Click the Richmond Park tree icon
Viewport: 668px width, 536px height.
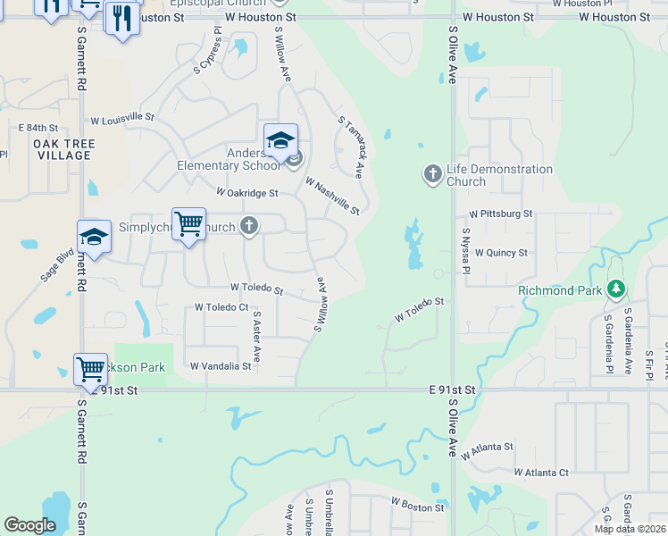click(x=614, y=289)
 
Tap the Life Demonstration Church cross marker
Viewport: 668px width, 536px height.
click(x=432, y=173)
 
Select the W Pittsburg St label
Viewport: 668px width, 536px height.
click(x=501, y=214)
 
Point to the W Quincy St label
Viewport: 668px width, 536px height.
click(x=501, y=253)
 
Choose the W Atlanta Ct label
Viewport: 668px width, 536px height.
click(x=541, y=472)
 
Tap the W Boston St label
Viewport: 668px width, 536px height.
click(x=416, y=507)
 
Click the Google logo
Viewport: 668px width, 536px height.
click(x=29, y=525)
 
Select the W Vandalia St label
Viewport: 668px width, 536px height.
click(x=220, y=366)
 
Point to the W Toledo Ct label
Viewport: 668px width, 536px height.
click(x=221, y=307)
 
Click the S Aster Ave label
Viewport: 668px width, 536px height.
click(x=256, y=336)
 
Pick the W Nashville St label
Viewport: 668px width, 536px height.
click(x=331, y=196)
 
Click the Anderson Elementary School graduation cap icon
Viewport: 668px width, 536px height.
click(x=280, y=141)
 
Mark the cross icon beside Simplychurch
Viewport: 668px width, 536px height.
click(x=249, y=227)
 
